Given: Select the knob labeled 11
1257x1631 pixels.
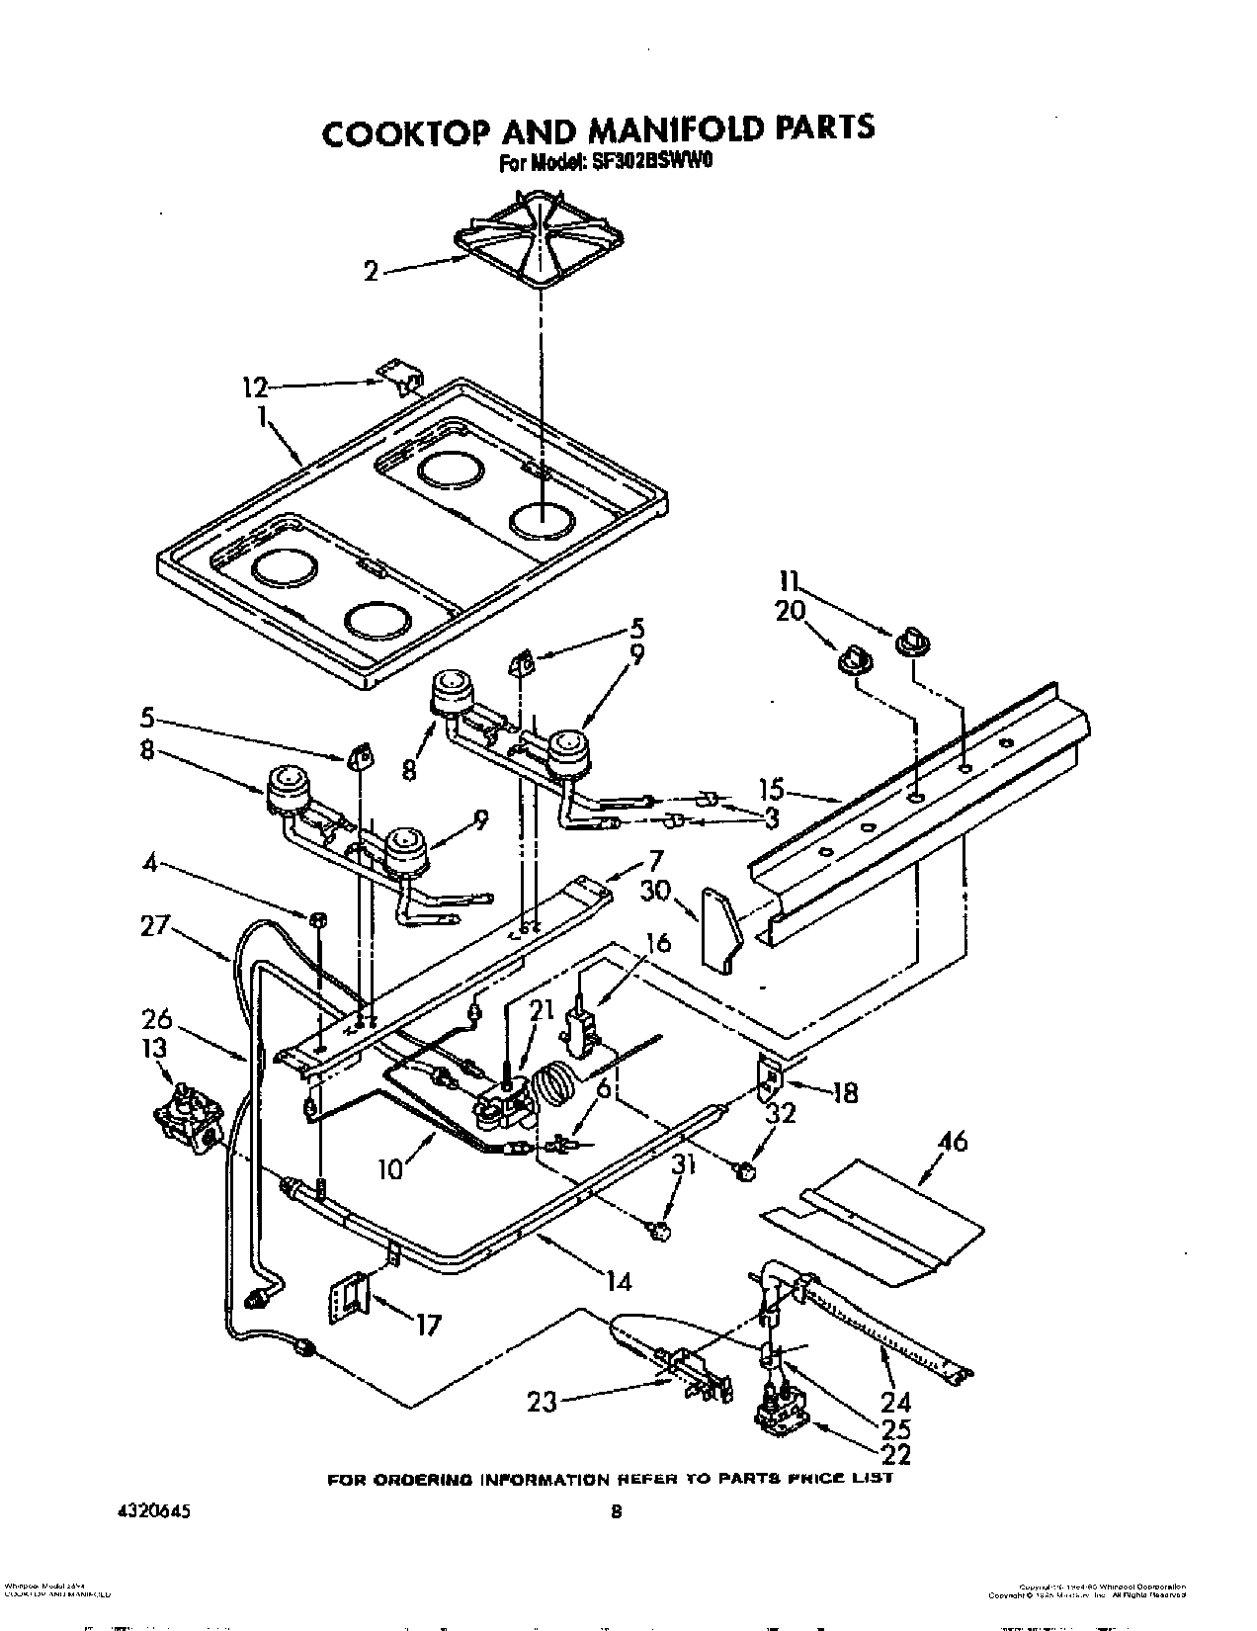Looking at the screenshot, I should (x=909, y=644).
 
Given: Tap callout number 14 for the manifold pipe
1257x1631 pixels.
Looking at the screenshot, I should (x=618, y=1281).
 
